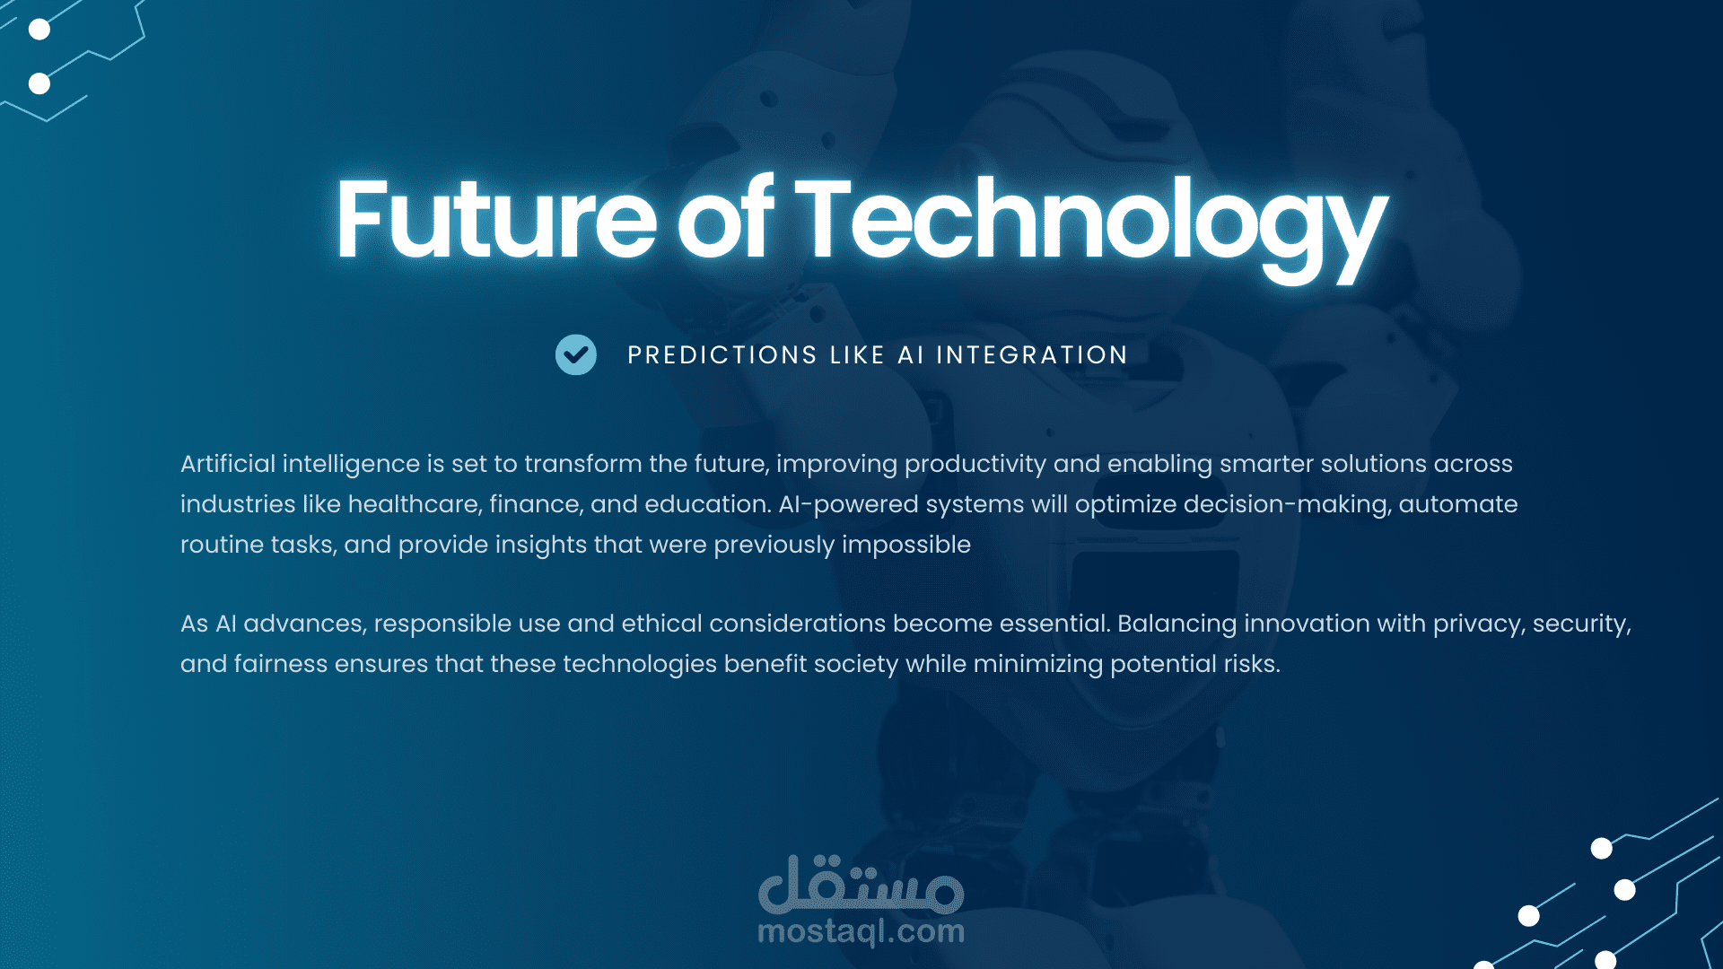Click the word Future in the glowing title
[x=496, y=218]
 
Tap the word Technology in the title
[x=1091, y=228]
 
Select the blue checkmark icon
[x=576, y=354]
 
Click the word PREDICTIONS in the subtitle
[x=722, y=355]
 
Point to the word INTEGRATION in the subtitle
[x=1032, y=355]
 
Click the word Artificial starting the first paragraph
[x=228, y=464]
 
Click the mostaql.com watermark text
[x=861, y=931]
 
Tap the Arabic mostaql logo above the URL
[x=861, y=883]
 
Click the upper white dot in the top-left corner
[x=39, y=30]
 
